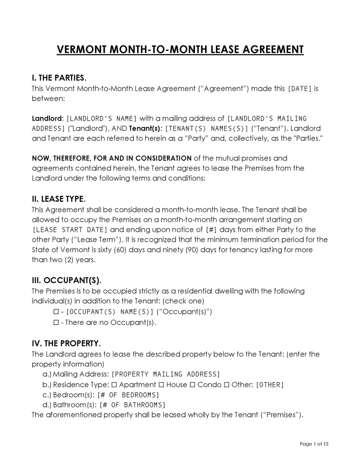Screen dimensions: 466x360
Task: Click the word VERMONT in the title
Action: point(80,49)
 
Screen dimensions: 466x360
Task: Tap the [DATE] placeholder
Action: point(299,89)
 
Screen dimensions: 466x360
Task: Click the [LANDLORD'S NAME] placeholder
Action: point(101,119)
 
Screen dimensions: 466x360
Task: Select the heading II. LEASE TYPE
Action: point(58,199)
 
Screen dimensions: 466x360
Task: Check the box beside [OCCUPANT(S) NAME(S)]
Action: point(56,312)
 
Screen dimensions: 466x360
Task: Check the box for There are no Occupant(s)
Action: point(56,322)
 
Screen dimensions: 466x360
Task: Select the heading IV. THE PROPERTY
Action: point(66,343)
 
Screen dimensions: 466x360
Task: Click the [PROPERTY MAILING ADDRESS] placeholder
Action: point(166,374)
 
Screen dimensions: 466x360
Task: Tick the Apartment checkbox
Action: point(114,385)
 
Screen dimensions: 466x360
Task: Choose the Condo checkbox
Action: point(193,385)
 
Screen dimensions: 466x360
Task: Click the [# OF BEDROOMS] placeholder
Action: point(128,395)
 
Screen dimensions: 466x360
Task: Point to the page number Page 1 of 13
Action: point(314,444)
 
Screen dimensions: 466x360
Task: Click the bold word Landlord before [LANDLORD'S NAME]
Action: point(46,119)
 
